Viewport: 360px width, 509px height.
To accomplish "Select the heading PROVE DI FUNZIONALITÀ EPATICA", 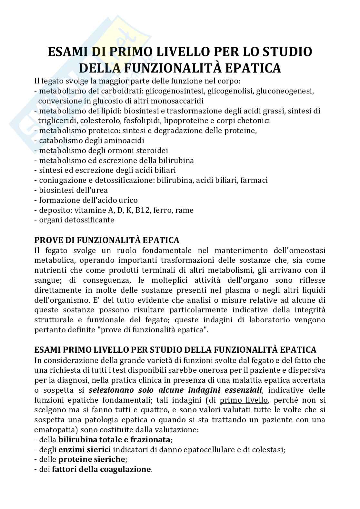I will (x=106, y=240).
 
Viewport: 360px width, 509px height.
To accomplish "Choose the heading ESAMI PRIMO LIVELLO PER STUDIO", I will (x=110, y=350).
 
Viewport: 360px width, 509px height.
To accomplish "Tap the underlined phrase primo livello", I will (x=244, y=400).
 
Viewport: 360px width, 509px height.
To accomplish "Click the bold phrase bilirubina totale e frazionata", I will (x=114, y=439).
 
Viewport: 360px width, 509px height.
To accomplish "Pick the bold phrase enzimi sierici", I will (x=85, y=449).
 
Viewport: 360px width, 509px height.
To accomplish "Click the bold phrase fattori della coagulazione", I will (x=101, y=469).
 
